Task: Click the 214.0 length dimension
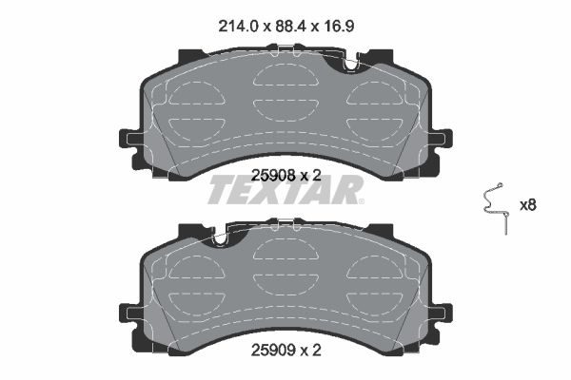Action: [x=238, y=27]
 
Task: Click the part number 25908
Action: [x=273, y=176]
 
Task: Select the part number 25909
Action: [x=273, y=351]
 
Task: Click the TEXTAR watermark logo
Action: [x=285, y=190]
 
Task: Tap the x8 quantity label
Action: [x=527, y=205]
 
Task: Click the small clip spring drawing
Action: [x=495, y=208]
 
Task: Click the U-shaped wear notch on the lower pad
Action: [x=220, y=239]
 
